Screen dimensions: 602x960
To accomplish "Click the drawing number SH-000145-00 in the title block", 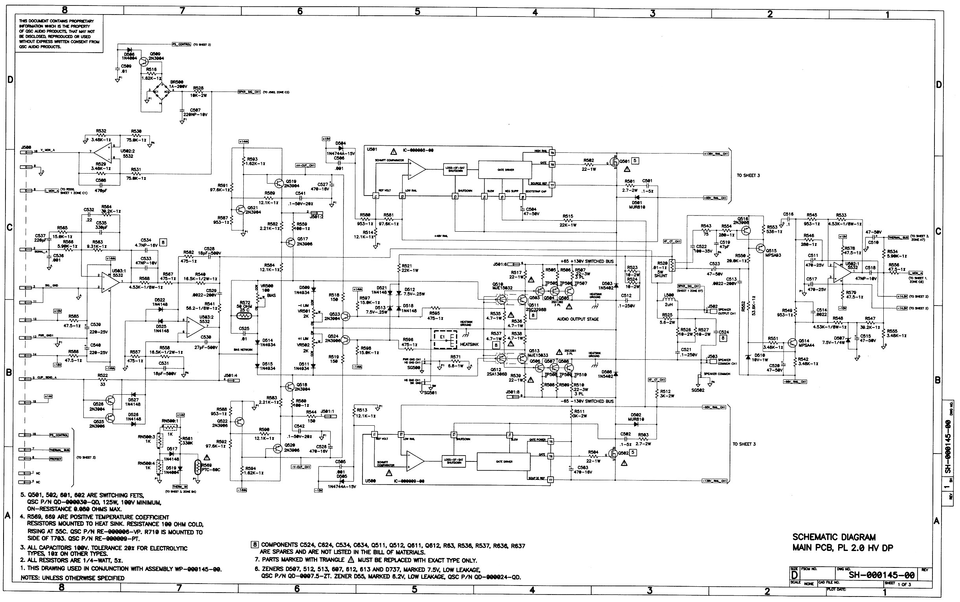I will [881, 575].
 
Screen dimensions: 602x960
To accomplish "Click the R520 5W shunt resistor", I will [673, 265].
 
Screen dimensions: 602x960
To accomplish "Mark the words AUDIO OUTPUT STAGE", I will [577, 319].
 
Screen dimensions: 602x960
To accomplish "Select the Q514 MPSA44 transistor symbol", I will [792, 343].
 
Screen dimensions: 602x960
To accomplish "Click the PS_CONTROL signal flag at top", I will [181, 45].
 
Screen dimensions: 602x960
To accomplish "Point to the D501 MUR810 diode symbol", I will [636, 197].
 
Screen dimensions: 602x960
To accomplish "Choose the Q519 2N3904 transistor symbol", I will [279, 183].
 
